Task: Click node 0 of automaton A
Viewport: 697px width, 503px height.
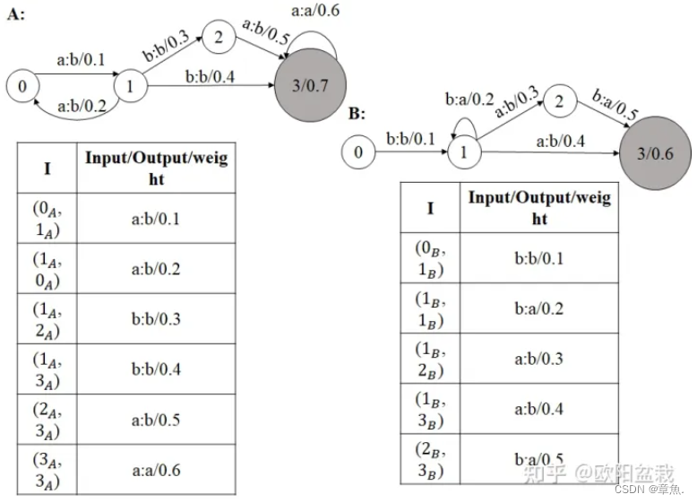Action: pos(22,86)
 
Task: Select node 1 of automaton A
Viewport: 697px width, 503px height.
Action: pos(131,87)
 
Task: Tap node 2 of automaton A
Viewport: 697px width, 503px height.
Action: pos(218,38)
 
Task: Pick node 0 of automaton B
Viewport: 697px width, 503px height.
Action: pos(358,152)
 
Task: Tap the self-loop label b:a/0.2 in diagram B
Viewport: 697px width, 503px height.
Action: pos(469,100)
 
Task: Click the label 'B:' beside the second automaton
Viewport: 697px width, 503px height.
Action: pos(357,114)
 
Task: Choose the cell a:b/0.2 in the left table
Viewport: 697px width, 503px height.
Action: pos(156,269)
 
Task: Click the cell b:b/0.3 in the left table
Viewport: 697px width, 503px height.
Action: pos(156,318)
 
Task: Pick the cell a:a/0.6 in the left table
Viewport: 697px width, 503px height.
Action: pos(156,470)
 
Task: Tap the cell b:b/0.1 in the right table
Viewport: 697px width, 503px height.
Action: pos(539,259)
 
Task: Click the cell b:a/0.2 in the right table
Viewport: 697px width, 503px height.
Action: pos(539,309)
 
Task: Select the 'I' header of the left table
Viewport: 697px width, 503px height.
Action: pos(47,168)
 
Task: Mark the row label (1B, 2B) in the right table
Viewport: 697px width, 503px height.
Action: pos(430,360)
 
